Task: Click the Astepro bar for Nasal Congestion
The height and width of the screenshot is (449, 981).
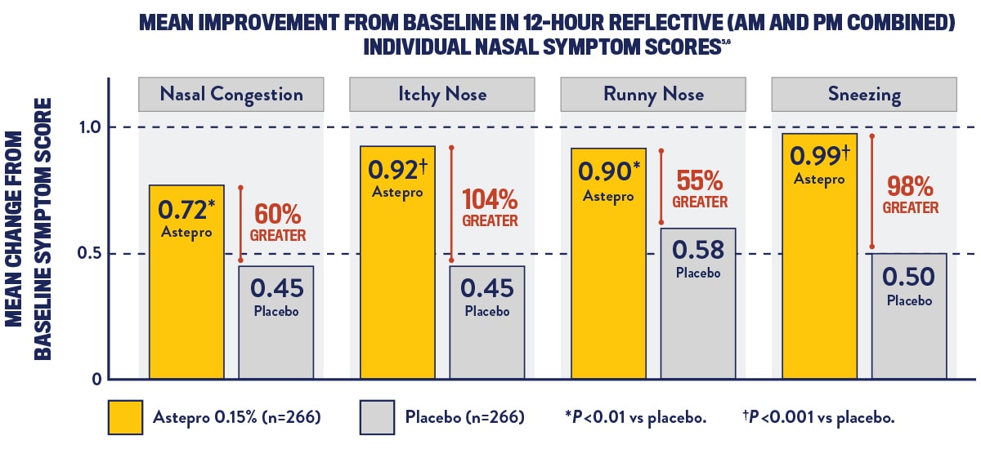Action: click(186, 282)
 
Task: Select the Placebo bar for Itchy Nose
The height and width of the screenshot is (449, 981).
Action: click(487, 322)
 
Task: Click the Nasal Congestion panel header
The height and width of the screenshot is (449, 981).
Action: click(231, 94)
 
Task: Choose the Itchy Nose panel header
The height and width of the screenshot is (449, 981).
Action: click(441, 94)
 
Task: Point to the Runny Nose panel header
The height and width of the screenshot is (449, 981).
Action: click(653, 94)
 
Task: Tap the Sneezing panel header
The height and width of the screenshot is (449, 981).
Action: click(863, 94)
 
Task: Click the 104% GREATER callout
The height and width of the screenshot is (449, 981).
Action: click(490, 207)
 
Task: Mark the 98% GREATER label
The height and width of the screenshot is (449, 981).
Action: click(910, 194)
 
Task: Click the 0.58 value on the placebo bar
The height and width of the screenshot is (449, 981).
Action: click(698, 250)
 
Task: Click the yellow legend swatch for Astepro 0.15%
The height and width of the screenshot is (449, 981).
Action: click(125, 417)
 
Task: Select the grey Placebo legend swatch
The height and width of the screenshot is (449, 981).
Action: click(377, 417)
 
